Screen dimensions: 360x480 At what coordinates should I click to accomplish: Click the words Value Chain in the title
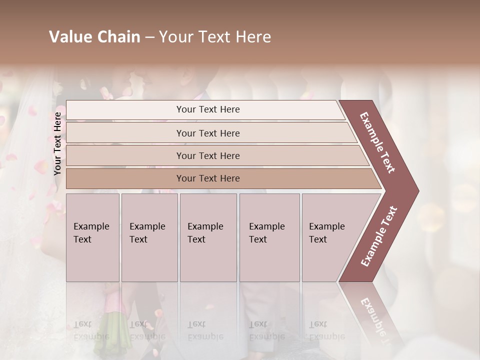(94, 37)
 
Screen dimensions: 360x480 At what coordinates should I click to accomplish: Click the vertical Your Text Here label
(57, 143)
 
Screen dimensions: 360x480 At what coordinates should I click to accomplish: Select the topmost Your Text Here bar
(207, 109)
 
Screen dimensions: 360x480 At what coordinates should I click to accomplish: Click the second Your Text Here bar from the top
(207, 133)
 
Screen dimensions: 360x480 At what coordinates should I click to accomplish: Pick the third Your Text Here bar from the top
(207, 155)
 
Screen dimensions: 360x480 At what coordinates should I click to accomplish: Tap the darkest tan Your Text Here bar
(207, 178)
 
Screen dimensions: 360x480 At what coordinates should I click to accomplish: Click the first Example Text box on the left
(92, 237)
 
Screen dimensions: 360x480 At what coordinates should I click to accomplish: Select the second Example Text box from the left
(149, 237)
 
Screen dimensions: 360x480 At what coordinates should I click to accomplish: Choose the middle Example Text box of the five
(208, 237)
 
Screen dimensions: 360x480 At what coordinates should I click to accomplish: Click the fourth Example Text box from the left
(269, 237)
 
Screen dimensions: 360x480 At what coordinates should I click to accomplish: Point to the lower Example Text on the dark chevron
(379, 236)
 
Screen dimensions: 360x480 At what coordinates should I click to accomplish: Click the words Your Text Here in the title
(215, 37)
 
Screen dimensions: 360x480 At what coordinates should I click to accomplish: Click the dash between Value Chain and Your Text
(149, 37)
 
